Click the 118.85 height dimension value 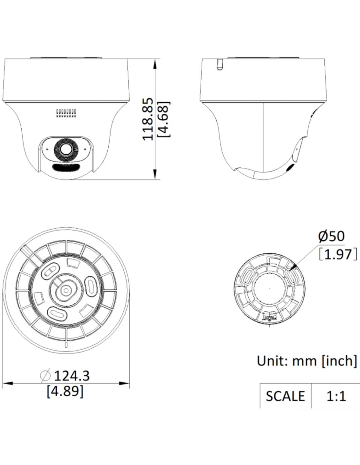point(148,119)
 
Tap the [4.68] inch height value point(164,119)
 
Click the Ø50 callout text point(331,236)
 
